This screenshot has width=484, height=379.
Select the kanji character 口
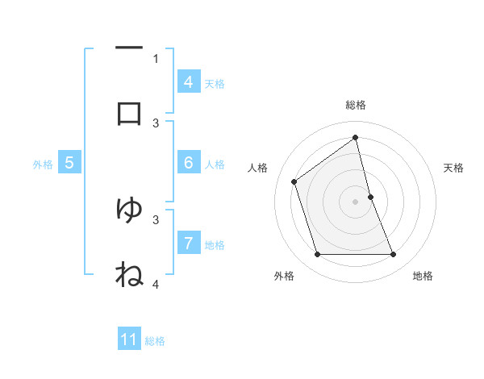tap(129, 113)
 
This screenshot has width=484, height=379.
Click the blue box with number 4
tap(188, 82)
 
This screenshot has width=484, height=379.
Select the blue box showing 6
tap(188, 163)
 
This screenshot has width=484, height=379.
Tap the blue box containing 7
tap(188, 243)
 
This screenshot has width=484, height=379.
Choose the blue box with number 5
tap(69, 163)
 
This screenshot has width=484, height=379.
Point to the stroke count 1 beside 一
tap(156, 58)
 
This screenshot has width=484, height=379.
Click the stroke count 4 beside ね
tap(156, 284)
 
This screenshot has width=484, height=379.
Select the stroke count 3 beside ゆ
tap(156, 219)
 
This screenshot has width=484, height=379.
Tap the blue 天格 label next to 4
tap(215, 83)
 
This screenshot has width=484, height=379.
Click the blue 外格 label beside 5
tap(43, 164)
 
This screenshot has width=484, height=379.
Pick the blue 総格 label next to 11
tap(155, 340)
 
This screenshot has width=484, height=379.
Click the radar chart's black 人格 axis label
tap(258, 168)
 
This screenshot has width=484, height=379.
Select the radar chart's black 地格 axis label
tap(423, 276)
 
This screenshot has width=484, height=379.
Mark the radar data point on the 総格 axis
tap(356, 137)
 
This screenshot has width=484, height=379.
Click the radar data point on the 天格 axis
tap(370, 197)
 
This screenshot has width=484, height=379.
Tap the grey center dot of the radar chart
tap(356, 202)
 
